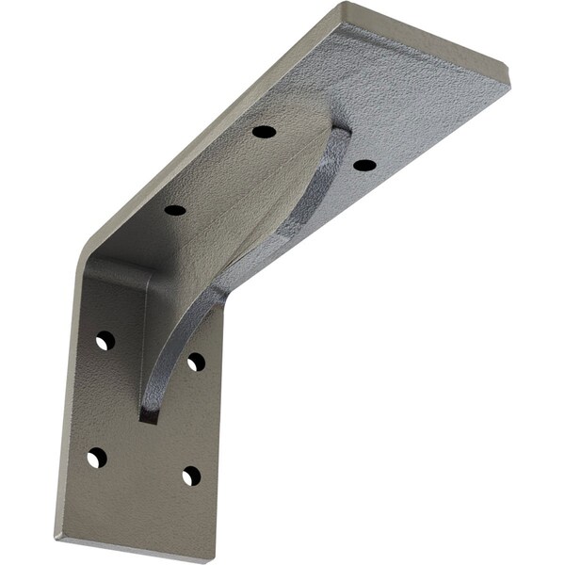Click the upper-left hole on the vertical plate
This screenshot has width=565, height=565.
pyautogui.click(x=105, y=340)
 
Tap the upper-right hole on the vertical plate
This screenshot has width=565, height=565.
pyautogui.click(x=196, y=362)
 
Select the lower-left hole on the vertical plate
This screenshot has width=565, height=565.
pyautogui.click(x=97, y=459)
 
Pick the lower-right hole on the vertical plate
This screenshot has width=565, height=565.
pyautogui.click(x=191, y=476)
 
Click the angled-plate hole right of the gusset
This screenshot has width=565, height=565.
pyautogui.click(x=364, y=165)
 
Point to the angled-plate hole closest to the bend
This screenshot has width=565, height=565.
pyautogui.click(x=175, y=209)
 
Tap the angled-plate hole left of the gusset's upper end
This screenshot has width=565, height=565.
pyautogui.click(x=265, y=131)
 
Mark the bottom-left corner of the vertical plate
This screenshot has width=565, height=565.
pyautogui.click(x=56, y=538)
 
